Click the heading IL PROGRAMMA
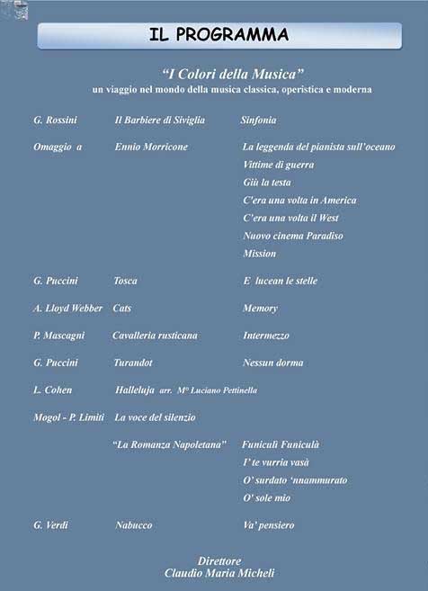(x=219, y=35)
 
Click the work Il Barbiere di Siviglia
(x=159, y=120)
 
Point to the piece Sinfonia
(x=259, y=120)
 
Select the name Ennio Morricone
(x=151, y=147)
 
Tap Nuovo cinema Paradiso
(x=293, y=236)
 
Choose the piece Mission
(x=260, y=254)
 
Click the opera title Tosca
(x=125, y=281)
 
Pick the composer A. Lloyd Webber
(x=67, y=309)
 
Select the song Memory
(x=260, y=309)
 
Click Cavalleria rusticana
(x=155, y=336)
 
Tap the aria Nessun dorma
(x=273, y=363)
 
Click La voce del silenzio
(x=155, y=417)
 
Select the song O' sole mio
(x=266, y=497)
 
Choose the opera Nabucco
(x=134, y=525)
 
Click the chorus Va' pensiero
(x=268, y=525)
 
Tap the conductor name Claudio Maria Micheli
(x=219, y=573)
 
